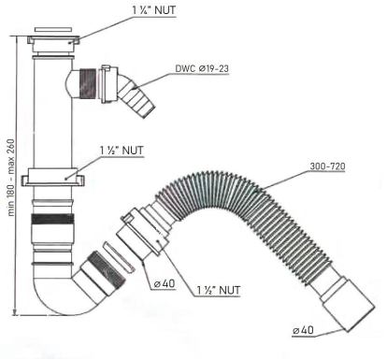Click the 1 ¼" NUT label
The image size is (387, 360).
[x=154, y=10]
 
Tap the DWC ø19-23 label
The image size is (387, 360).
[x=202, y=69]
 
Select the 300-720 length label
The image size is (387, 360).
[x=327, y=166]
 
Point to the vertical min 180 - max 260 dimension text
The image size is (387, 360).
[x=11, y=178]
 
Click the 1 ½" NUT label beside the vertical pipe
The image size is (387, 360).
[x=122, y=151]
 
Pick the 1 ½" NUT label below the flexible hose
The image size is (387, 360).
[x=219, y=291]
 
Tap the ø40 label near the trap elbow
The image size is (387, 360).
[x=165, y=284]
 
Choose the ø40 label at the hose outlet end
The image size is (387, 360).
[x=303, y=330]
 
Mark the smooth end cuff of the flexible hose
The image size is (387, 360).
[x=348, y=306]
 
